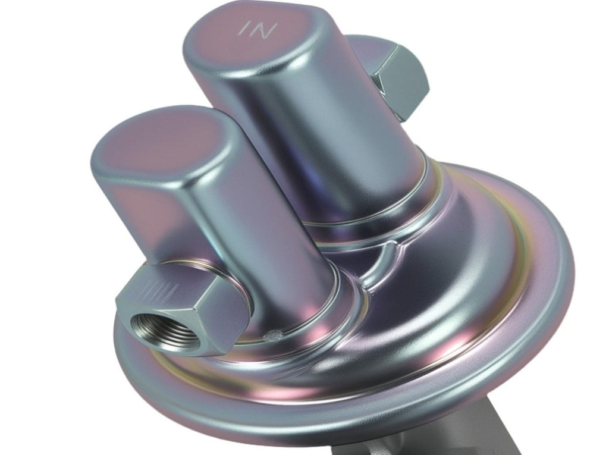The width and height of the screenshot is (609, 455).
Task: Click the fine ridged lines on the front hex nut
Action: [161, 292]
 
